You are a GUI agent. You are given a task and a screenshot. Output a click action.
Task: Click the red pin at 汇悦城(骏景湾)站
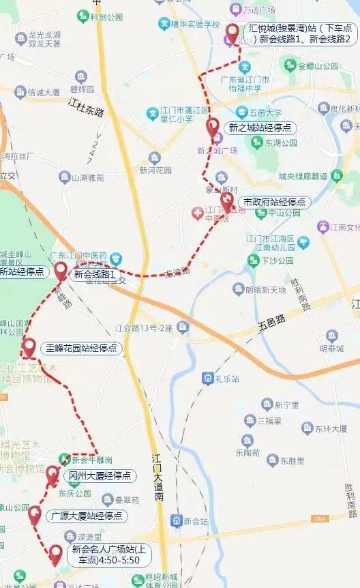[232, 33]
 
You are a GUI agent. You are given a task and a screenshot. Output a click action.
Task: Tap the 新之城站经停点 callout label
[260, 128]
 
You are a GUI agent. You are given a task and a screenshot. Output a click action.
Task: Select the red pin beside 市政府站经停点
[227, 202]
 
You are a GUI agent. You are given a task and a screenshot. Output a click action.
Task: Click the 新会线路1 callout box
[97, 275]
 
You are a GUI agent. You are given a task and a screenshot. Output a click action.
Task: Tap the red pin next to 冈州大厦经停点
[52, 473]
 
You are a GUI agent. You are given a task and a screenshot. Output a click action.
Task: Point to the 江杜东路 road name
[85, 106]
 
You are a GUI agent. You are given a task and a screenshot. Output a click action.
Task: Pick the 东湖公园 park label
[281, 143]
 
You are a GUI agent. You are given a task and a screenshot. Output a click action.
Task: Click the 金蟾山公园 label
[318, 66]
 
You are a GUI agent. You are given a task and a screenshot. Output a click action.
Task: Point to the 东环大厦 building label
[331, 429]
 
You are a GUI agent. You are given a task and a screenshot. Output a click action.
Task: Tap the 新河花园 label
[155, 170]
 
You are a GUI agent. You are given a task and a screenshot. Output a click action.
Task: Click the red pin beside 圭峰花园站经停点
[29, 347]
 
